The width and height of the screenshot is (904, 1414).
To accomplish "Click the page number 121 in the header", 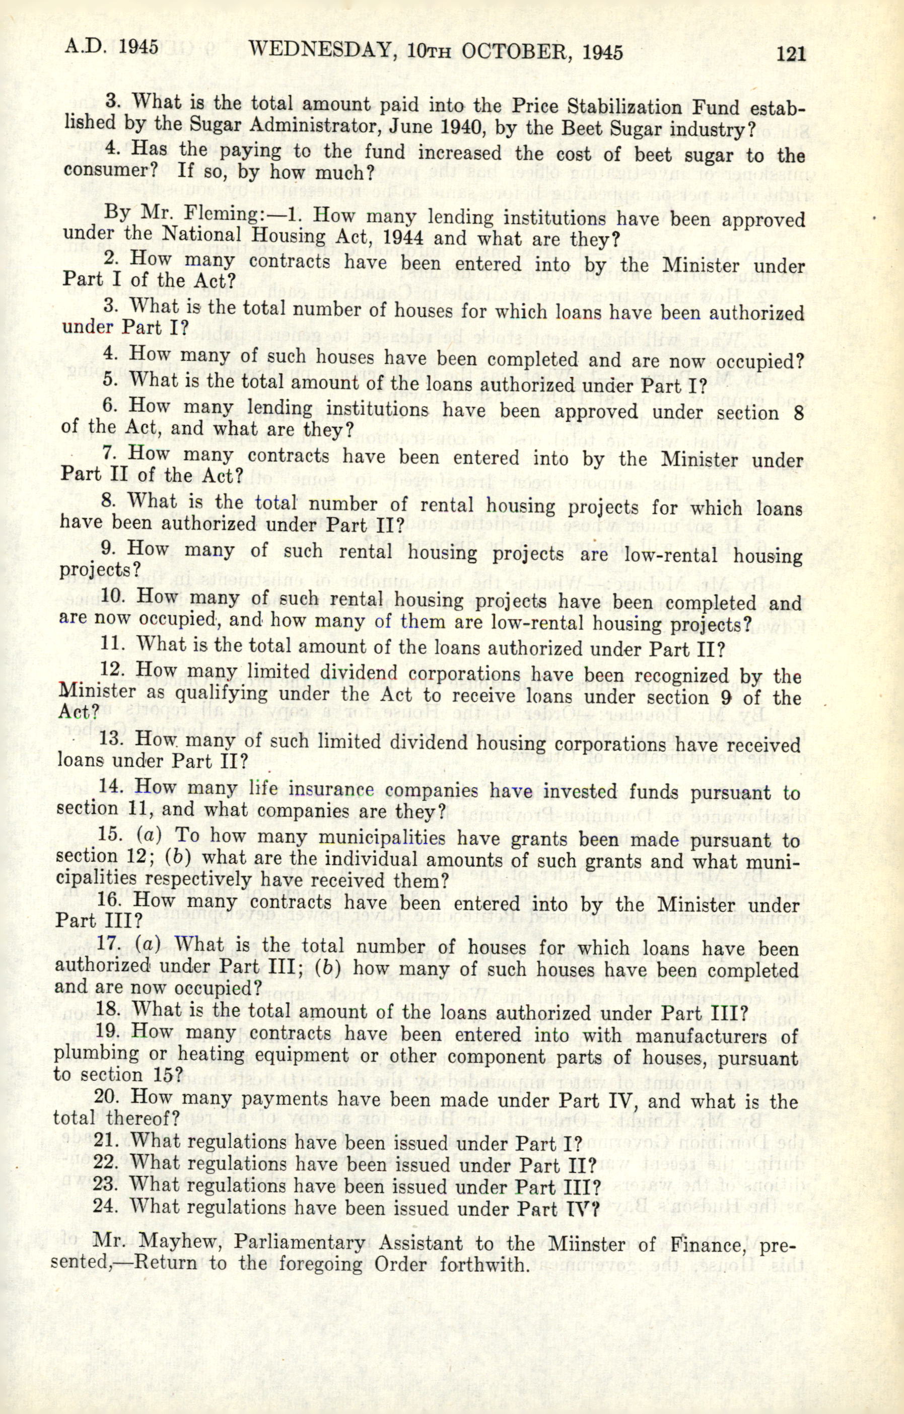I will [791, 54].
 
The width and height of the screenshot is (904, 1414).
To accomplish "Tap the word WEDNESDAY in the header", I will [319, 51].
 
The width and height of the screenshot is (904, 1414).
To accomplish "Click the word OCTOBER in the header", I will [515, 52].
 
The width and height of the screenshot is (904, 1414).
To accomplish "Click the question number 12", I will [112, 670].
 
